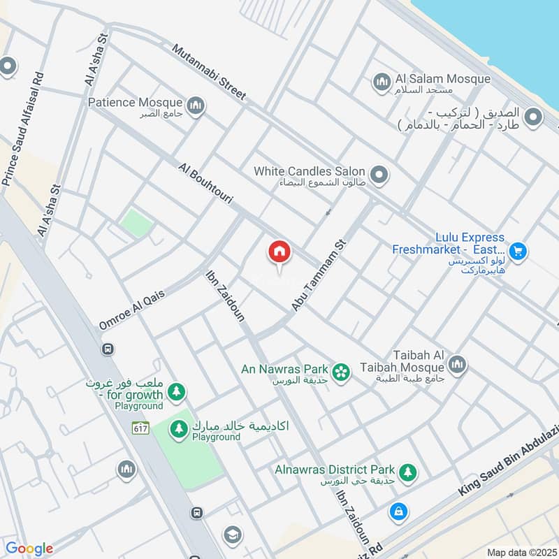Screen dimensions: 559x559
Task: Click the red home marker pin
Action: pos(279,252)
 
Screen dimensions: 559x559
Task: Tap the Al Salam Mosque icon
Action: pos(381,82)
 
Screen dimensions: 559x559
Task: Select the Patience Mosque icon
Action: pos(195,106)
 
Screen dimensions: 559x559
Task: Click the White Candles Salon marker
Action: pos(379,174)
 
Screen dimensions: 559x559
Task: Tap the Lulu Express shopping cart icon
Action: pos(517,250)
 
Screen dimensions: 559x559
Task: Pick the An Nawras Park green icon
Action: pos(341,371)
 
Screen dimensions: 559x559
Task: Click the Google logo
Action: pos(29,549)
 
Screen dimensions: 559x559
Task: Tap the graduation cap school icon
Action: pos(232,535)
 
